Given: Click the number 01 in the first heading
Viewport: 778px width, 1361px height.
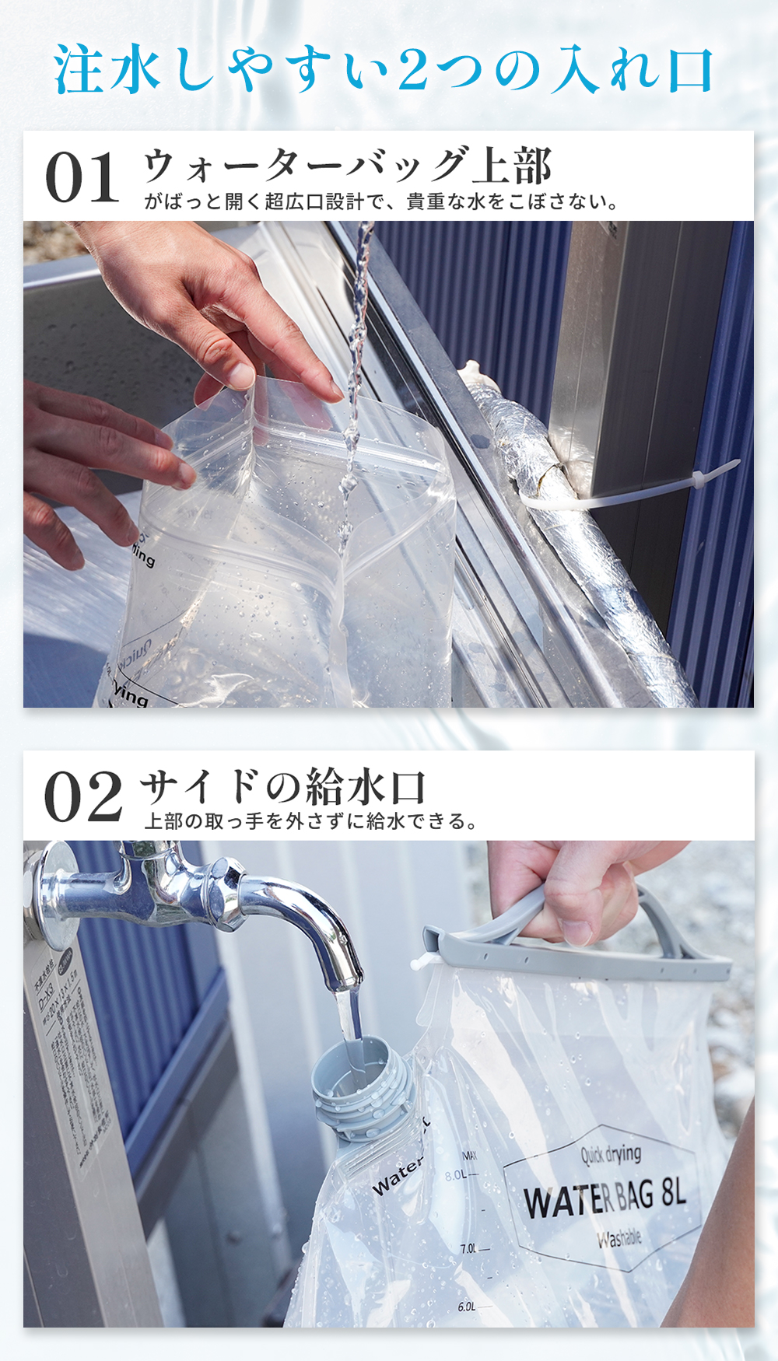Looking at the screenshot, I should (x=82, y=178).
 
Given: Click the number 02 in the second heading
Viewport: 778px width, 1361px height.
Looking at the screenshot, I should (x=83, y=797).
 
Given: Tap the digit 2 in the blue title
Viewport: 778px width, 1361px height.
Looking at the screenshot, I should (x=412, y=70).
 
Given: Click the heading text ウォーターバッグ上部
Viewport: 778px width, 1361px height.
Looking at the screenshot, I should (x=347, y=166).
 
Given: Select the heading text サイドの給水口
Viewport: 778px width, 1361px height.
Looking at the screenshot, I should (x=283, y=786).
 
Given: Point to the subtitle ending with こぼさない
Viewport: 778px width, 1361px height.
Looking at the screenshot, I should (x=381, y=202).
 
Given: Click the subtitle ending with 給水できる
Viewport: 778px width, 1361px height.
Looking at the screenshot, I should (x=311, y=821).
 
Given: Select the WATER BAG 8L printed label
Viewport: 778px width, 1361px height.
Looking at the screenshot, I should (x=604, y=1198).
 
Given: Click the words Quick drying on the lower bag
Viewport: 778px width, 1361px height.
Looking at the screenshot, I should (x=611, y=1154).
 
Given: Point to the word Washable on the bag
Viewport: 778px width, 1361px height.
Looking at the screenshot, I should (x=619, y=1238).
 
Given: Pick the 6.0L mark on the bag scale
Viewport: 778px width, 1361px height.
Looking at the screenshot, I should (x=467, y=1307).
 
